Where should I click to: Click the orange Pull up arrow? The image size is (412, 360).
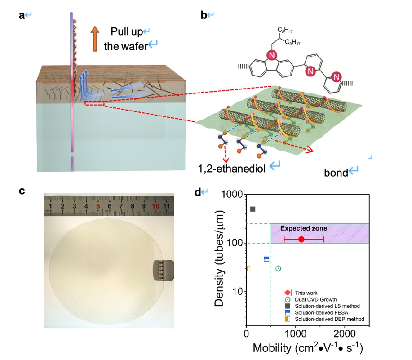coord(95,39)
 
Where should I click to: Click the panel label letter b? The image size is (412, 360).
coord(204,15)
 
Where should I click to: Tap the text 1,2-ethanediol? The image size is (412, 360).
coord(232,169)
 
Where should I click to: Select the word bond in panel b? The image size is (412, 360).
coord(336,173)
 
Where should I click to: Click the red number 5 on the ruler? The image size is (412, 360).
coord(98,206)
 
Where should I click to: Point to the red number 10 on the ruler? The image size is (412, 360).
coord(156,206)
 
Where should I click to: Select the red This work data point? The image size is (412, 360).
coord(301,240)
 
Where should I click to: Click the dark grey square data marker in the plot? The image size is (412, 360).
coord(253,209)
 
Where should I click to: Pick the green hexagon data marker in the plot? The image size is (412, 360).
coord(278,269)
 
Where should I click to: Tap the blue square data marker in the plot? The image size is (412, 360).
coord(266,259)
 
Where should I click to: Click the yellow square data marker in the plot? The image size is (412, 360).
coord(248,269)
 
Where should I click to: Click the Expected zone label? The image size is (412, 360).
coord(303,228)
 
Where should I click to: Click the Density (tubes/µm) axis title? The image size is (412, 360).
coord(219,258)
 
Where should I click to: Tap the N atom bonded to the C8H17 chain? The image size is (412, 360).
coord(272,55)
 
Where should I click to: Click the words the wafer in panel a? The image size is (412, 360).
coord(126,46)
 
